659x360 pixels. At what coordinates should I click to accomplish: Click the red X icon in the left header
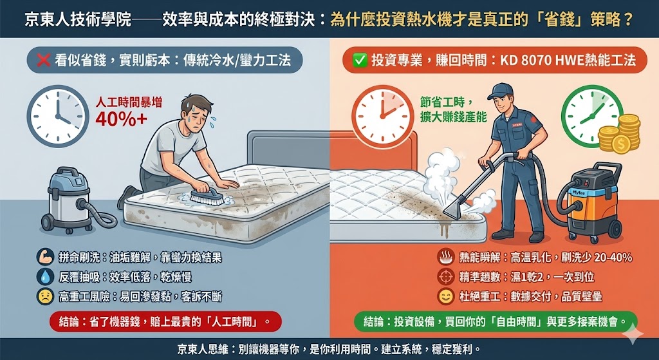point(44,61)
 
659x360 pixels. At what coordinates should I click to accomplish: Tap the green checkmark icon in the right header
point(359,61)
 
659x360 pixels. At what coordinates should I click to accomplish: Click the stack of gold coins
point(618,135)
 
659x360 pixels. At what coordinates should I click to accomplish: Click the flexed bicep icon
point(45,258)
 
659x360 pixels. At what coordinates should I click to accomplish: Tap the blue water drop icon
point(45,277)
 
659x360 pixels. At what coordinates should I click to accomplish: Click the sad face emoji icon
point(45,296)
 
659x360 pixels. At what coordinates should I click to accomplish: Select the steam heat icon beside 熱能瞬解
point(444,258)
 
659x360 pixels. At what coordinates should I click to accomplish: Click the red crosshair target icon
point(444,277)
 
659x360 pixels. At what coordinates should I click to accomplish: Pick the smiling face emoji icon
point(444,297)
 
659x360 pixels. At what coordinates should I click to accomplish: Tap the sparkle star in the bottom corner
point(635,335)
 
